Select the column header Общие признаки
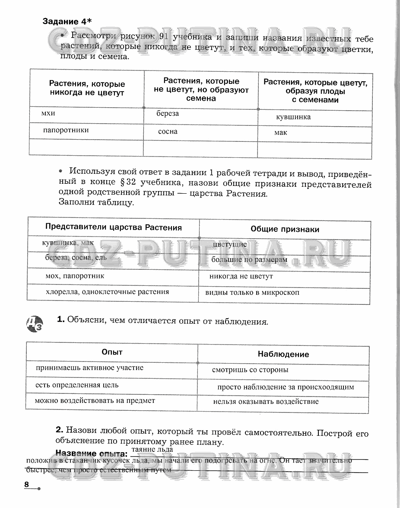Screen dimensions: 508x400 click(285, 230)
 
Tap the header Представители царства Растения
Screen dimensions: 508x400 click(114, 227)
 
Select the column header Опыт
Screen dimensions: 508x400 click(112, 352)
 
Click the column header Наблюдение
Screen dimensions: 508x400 click(283, 354)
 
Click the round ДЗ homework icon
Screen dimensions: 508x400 click(35, 324)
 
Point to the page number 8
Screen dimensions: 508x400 click(27, 485)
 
